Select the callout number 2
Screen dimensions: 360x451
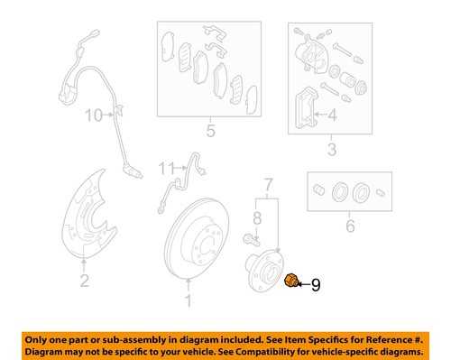tap(83, 282)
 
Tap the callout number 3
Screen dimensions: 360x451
tap(331, 149)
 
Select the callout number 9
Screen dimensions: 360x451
tap(315, 286)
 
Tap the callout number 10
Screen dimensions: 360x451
tap(94, 115)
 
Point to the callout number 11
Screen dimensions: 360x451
tap(164, 168)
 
